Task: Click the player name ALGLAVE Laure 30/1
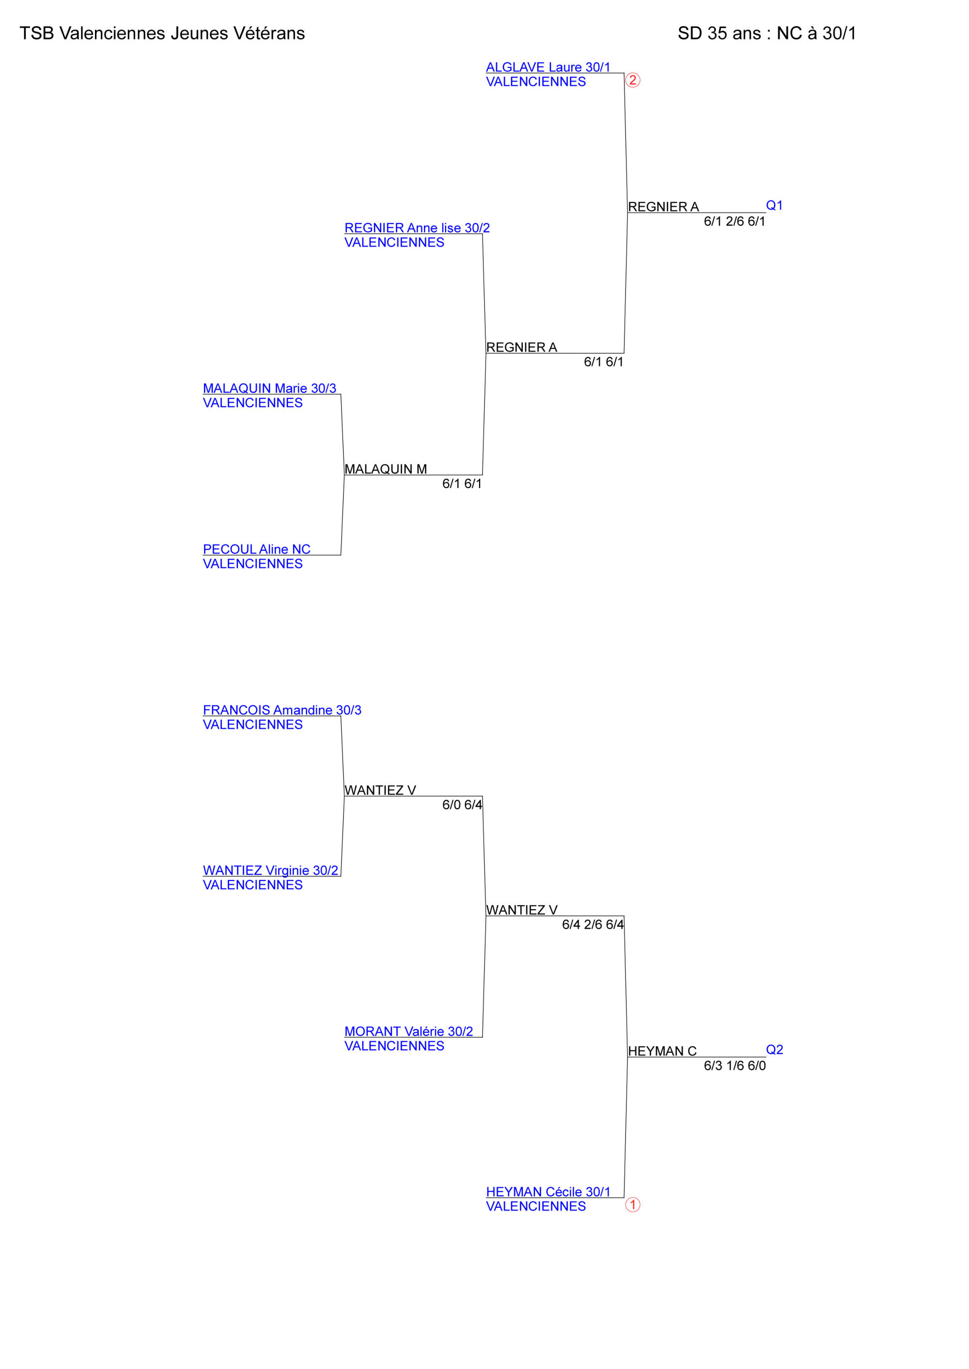pyautogui.click(x=548, y=67)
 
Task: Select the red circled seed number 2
pyautogui.click(x=632, y=80)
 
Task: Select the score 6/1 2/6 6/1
pyautogui.click(x=735, y=221)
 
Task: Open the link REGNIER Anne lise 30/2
pyautogui.click(x=417, y=228)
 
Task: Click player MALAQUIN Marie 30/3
pyautogui.click(x=270, y=388)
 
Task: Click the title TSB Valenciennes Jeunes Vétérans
pyautogui.click(x=162, y=33)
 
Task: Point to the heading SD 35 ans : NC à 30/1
pyautogui.click(x=767, y=33)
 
